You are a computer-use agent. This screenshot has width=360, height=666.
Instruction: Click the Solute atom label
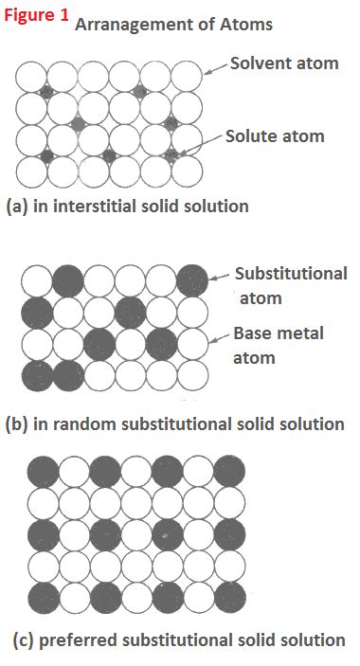click(x=275, y=135)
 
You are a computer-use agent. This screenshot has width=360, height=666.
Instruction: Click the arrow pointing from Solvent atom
click(x=219, y=66)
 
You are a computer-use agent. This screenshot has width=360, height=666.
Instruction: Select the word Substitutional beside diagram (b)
click(x=291, y=274)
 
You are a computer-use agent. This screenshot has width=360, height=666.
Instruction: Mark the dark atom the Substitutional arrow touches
click(x=192, y=280)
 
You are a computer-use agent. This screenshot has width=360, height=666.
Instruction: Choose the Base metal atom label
click(x=278, y=346)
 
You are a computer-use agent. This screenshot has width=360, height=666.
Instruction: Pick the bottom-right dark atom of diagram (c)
click(x=228, y=598)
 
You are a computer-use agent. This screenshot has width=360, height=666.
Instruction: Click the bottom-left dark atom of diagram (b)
click(x=37, y=374)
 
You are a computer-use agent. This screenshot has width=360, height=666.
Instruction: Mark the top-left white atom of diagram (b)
click(x=37, y=280)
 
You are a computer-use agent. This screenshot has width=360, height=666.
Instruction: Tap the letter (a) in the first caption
click(x=16, y=206)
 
